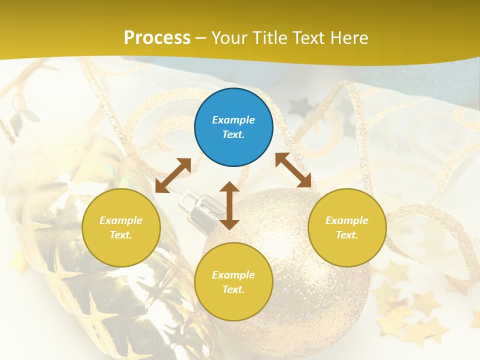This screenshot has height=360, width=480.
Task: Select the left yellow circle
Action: (121, 227)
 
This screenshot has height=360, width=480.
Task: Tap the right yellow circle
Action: (347, 227)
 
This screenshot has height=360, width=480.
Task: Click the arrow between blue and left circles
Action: (173, 175)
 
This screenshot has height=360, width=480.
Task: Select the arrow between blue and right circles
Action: (293, 170)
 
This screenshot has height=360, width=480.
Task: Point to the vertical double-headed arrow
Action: (229, 205)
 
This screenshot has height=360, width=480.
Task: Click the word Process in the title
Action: (157, 37)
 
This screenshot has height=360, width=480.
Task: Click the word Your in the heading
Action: (228, 37)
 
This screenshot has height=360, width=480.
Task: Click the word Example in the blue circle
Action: (233, 120)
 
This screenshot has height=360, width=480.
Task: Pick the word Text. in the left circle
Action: (121, 235)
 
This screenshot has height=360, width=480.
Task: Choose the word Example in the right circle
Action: (347, 220)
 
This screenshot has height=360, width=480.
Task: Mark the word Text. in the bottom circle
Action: (233, 289)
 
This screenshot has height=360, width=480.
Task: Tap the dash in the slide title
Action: (201, 38)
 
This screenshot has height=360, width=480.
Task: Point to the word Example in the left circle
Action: (121, 220)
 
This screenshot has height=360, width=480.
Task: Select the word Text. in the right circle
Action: (347, 235)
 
